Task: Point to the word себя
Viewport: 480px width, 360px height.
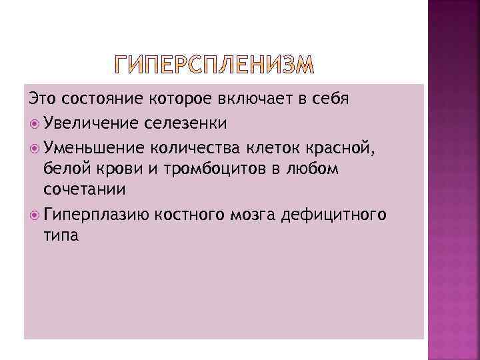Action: (333, 99)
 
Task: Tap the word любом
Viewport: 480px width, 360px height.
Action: (316, 169)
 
